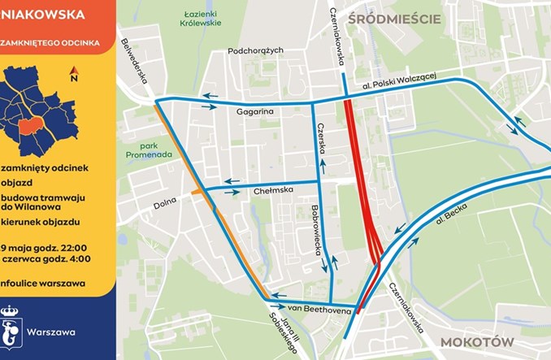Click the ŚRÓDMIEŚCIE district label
point(393,18)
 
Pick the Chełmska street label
point(273,192)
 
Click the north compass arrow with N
point(74,75)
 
